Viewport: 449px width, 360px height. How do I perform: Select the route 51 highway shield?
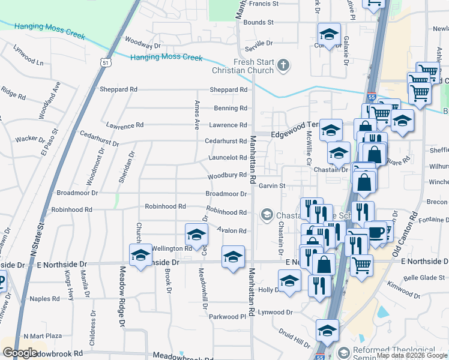[x=106, y=62]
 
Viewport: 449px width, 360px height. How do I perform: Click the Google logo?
[x=20, y=352]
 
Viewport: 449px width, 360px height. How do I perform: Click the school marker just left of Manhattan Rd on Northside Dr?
[x=233, y=257]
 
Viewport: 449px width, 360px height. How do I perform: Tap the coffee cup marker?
[x=376, y=232]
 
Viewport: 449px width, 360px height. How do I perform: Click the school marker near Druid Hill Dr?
[x=327, y=330]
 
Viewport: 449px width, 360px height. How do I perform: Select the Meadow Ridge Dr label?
[x=122, y=296]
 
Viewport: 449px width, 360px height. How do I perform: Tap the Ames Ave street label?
[x=196, y=115]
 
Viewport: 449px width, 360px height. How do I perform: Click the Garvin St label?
[x=271, y=186]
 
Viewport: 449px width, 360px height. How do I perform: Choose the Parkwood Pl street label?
[x=228, y=316]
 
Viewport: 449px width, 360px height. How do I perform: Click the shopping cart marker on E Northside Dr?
[x=361, y=264]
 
